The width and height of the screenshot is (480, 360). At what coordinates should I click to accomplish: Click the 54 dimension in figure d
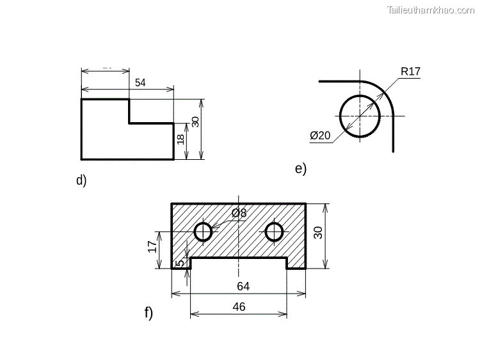pyautogui.click(x=140, y=82)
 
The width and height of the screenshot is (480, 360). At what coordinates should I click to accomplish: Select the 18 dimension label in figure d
pyautogui.click(x=181, y=139)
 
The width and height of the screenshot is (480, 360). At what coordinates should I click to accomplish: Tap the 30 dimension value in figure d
pyautogui.click(x=195, y=121)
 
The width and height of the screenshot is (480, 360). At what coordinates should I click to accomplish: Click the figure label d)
pyautogui.click(x=81, y=180)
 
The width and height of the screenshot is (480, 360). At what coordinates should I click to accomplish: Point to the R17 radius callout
pyautogui.click(x=410, y=72)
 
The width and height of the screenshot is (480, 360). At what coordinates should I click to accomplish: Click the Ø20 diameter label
pyautogui.click(x=320, y=136)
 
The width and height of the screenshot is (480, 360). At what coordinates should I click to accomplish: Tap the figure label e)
pyautogui.click(x=301, y=169)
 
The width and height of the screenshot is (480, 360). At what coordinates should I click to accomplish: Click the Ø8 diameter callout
pyautogui.click(x=239, y=213)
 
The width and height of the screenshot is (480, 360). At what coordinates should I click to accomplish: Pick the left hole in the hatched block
pyautogui.click(x=204, y=231)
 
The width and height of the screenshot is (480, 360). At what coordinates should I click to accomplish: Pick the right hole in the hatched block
pyautogui.click(x=275, y=231)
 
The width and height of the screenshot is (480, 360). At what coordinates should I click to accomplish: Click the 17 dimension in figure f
pyautogui.click(x=153, y=246)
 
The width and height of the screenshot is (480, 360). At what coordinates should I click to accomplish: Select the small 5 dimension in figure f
pyautogui.click(x=180, y=262)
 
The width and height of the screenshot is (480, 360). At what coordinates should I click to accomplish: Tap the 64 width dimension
pyautogui.click(x=243, y=286)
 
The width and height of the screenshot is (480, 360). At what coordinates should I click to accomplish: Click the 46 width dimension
pyautogui.click(x=238, y=307)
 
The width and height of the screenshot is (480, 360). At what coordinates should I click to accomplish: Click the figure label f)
pyautogui.click(x=148, y=313)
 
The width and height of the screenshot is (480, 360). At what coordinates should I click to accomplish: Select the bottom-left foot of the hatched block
pyautogui.click(x=181, y=263)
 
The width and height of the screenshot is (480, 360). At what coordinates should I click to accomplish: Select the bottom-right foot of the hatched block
pyautogui.click(x=296, y=263)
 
